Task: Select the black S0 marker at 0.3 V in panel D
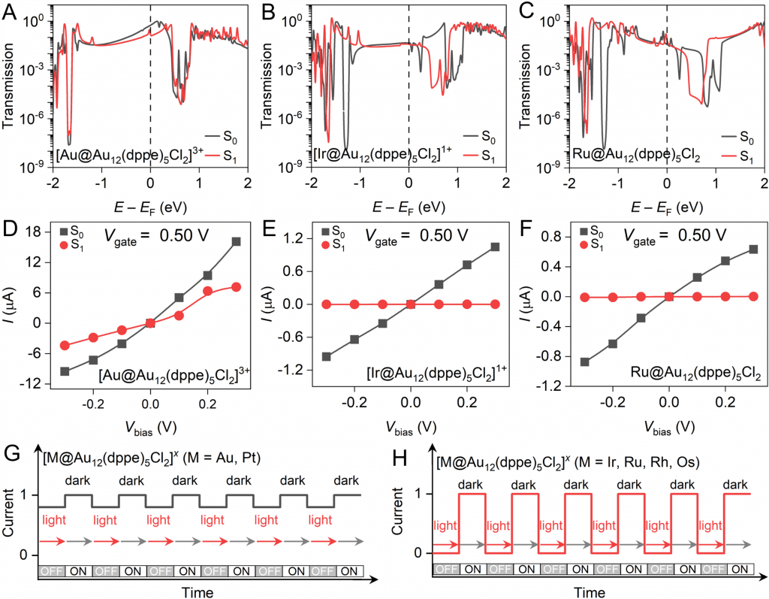pos(237,241)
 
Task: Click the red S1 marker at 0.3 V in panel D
pos(237,286)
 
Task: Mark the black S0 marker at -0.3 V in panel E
pos(326,356)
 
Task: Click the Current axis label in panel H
pos(412,526)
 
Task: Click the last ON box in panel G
pos(348,570)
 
